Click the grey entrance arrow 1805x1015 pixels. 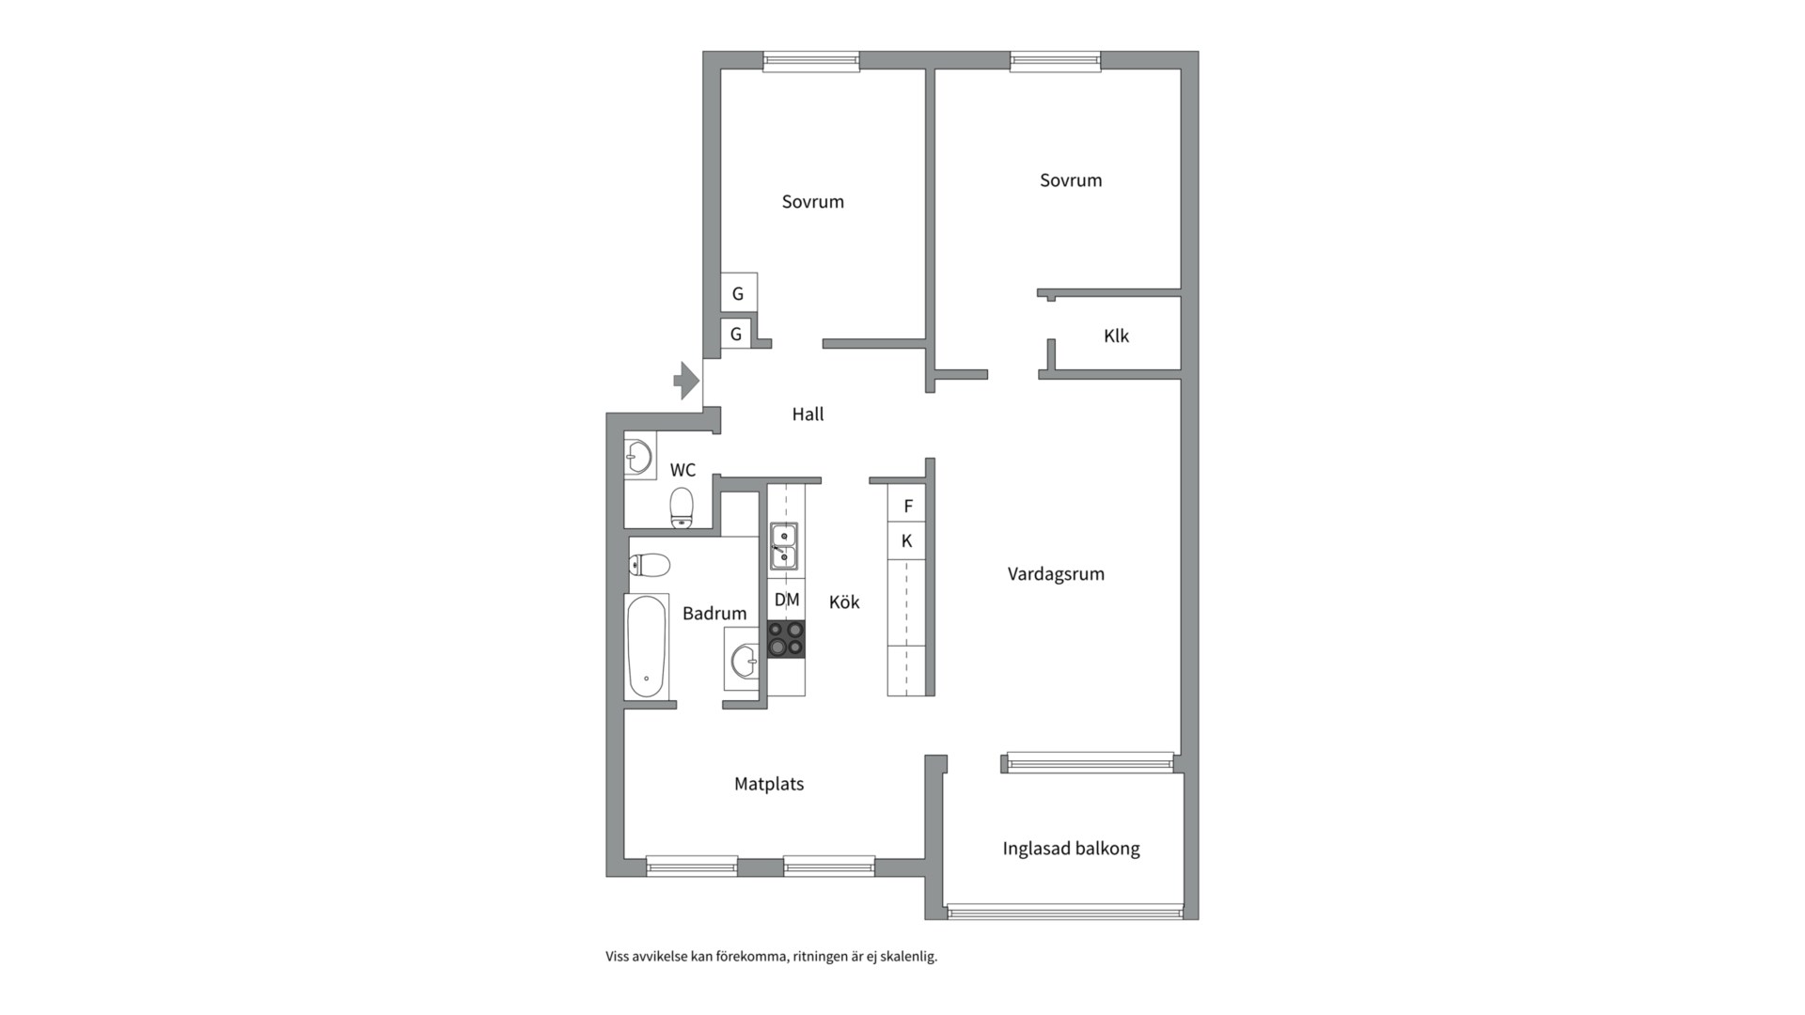point(686,381)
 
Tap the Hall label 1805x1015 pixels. point(808,414)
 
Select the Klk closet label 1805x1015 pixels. point(1116,336)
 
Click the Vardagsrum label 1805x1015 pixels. point(1056,574)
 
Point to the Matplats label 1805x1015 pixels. point(769,784)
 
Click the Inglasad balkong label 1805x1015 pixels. point(1071,849)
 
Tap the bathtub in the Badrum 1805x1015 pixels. point(647,647)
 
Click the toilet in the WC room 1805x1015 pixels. point(682,507)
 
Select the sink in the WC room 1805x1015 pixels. point(638,458)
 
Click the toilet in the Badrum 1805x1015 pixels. point(650,565)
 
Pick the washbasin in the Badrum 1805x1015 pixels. point(744,660)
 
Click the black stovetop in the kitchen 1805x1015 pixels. point(787,639)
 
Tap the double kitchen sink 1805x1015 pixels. point(784,547)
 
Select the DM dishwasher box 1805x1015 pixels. point(787,600)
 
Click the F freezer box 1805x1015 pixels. point(906,506)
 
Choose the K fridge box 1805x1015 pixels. point(906,541)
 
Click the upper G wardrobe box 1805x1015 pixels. point(739,293)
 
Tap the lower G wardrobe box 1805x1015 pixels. point(736,334)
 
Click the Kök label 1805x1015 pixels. point(844,602)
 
